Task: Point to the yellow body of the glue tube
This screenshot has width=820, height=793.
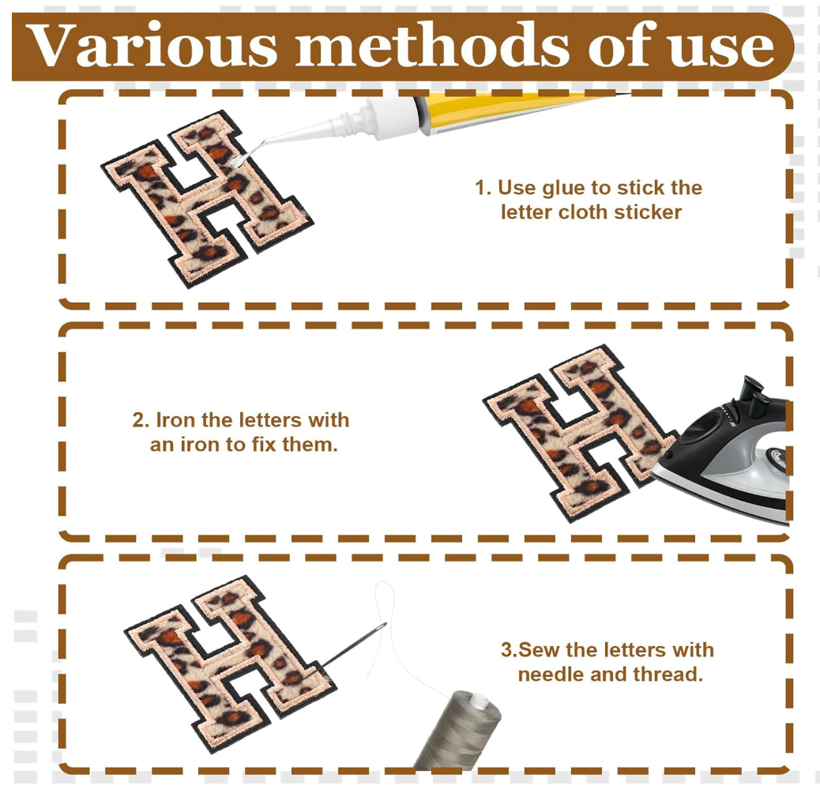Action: tap(502, 109)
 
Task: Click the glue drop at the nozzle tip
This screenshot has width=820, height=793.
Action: tap(237, 162)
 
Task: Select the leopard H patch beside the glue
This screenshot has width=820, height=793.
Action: tap(205, 197)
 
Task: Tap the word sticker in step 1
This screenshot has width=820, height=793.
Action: tap(648, 212)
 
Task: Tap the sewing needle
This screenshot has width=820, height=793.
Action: tap(352, 645)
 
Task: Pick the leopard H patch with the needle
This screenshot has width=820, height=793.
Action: tap(230, 664)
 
